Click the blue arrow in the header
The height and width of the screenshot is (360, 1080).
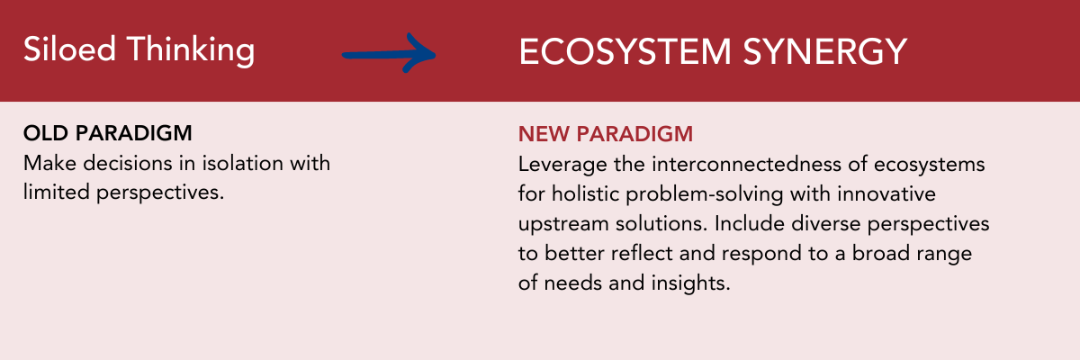pyautogui.click(x=389, y=55)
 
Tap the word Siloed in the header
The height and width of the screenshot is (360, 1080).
pyautogui.click(x=69, y=49)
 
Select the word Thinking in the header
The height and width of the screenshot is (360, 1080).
pyautogui.click(x=191, y=50)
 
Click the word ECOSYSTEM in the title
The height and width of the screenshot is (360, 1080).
pyautogui.click(x=625, y=51)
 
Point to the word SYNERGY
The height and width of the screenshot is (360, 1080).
pyautogui.click(x=825, y=51)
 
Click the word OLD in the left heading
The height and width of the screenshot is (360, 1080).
pyautogui.click(x=46, y=133)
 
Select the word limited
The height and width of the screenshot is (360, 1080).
pyautogui.click(x=57, y=193)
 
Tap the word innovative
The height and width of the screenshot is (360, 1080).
pyautogui.click(x=886, y=194)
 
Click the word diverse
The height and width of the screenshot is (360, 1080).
pyautogui.click(x=825, y=224)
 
